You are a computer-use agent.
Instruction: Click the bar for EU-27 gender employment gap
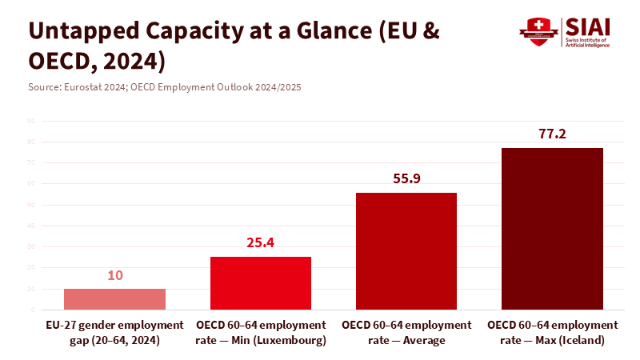coord(114,298)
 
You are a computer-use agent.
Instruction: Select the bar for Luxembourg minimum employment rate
coord(261,282)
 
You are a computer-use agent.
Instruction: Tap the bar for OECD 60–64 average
coord(406,250)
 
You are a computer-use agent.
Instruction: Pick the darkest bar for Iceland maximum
coord(552,228)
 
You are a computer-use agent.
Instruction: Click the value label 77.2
coord(552,134)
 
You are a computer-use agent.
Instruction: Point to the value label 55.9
coord(406,178)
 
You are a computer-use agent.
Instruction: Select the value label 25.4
coord(261,242)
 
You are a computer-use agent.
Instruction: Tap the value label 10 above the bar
coord(114,275)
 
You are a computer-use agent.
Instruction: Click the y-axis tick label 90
coord(30,121)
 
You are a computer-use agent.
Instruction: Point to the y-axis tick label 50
coord(30,205)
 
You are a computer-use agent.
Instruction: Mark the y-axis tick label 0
coord(33,310)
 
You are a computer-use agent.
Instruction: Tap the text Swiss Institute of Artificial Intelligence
coord(587,42)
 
